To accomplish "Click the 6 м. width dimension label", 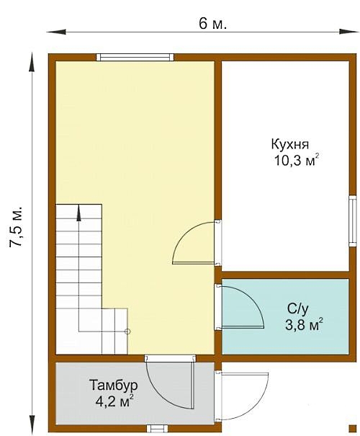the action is [212, 24].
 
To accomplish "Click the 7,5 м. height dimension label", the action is [16, 226].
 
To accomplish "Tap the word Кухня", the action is [289, 145].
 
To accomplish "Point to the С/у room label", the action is [298, 309].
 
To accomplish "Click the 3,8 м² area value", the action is [304, 324].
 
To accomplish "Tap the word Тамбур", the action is [114, 386].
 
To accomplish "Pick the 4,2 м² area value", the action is [114, 401].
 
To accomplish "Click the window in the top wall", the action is [135, 57].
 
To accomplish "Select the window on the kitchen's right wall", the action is [353, 221].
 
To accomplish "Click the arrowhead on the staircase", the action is [79, 213].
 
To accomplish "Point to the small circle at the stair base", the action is [127, 332].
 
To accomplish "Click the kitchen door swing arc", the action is [186, 235].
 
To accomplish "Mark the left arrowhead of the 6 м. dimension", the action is [56, 32].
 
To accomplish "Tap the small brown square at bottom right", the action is [353, 429].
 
